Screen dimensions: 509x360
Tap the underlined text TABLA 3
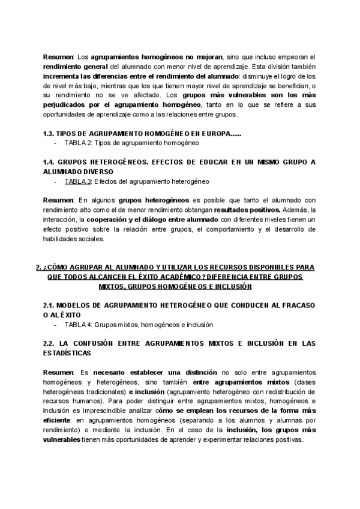[78, 181]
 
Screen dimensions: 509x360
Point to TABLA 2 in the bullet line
[78, 143]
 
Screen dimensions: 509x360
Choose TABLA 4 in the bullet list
[78, 325]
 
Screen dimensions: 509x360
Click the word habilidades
[61, 238]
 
